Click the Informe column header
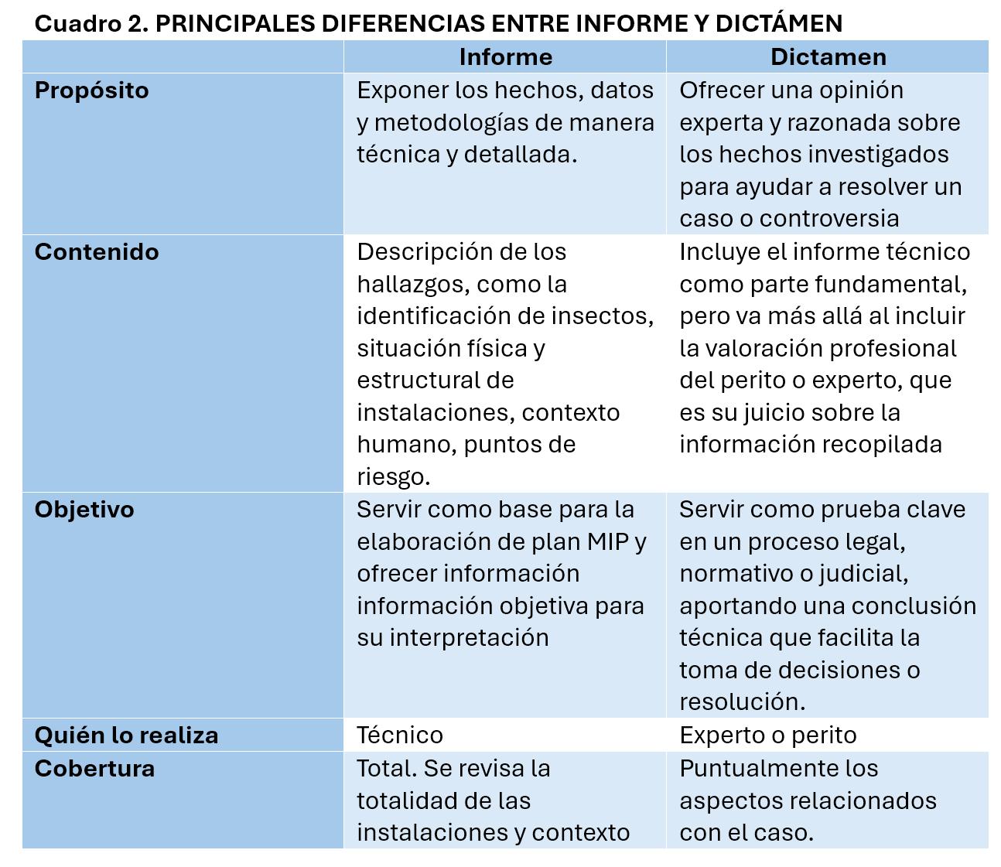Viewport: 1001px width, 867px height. click(x=505, y=57)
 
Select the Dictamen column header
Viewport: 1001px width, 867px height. click(x=828, y=57)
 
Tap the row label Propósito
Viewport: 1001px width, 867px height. click(x=91, y=90)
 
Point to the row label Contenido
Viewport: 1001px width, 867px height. click(x=97, y=252)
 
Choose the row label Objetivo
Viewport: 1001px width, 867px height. click(x=84, y=510)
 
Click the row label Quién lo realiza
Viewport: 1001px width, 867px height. click(x=126, y=735)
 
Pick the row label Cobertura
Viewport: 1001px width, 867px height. click(x=94, y=769)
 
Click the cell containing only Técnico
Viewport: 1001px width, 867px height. click(x=400, y=735)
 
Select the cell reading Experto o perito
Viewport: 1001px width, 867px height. click(x=767, y=735)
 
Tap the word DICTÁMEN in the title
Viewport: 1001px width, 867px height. click(x=778, y=24)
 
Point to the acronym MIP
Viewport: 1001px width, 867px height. click(x=607, y=541)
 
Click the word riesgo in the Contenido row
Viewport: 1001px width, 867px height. click(x=392, y=477)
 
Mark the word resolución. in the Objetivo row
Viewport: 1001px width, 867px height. click(x=742, y=702)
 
